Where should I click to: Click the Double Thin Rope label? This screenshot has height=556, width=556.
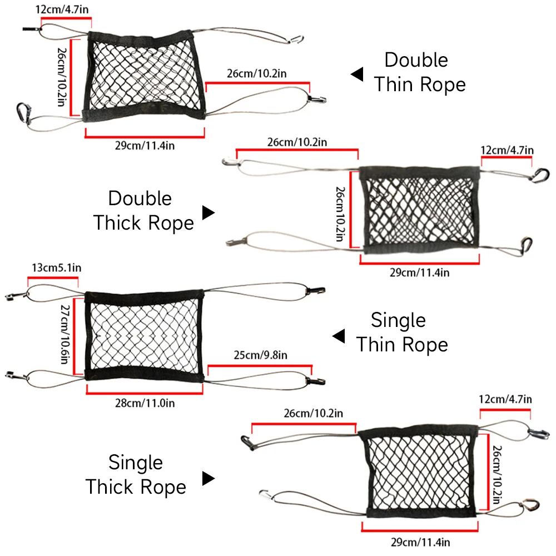(418, 72)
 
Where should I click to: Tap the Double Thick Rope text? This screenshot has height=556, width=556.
(143, 211)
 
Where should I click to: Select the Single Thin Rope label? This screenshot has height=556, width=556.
(401, 332)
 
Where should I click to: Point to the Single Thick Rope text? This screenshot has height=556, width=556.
(136, 475)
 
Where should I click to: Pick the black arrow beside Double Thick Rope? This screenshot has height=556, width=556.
(208, 212)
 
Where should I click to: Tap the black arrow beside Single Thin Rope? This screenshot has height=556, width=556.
(339, 336)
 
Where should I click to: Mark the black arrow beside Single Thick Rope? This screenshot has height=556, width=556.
(208, 478)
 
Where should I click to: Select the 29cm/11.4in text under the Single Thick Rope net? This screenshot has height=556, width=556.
(420, 541)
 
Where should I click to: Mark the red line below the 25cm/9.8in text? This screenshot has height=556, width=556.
(260, 365)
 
